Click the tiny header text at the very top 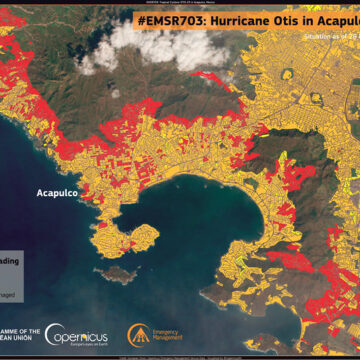[180, 3]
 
